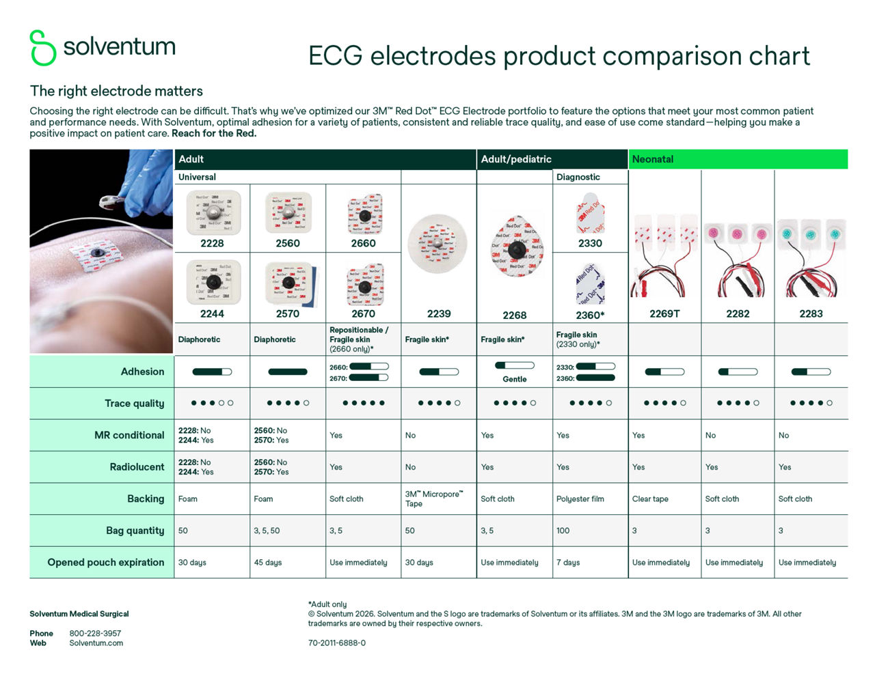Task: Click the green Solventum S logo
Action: click(x=42, y=48)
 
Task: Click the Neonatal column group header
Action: click(x=653, y=159)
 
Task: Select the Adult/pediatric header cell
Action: click(x=516, y=159)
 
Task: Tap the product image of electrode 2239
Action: click(x=437, y=244)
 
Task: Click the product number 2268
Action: click(x=515, y=315)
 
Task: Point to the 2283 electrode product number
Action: click(x=811, y=313)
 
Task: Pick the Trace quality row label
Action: click(x=135, y=403)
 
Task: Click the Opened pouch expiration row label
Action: click(x=106, y=562)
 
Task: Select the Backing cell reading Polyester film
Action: click(x=580, y=498)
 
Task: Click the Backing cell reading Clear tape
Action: click(x=650, y=498)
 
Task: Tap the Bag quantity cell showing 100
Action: click(x=563, y=530)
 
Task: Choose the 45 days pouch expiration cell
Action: click(x=268, y=562)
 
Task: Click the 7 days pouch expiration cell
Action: click(x=568, y=562)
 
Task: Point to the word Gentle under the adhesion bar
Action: click(x=515, y=379)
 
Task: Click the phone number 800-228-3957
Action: click(x=95, y=633)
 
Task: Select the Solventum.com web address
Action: click(x=96, y=643)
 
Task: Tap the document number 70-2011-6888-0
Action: click(x=337, y=643)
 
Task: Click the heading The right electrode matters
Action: click(x=116, y=91)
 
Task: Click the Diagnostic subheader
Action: click(x=578, y=177)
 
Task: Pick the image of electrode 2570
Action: click(x=288, y=283)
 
